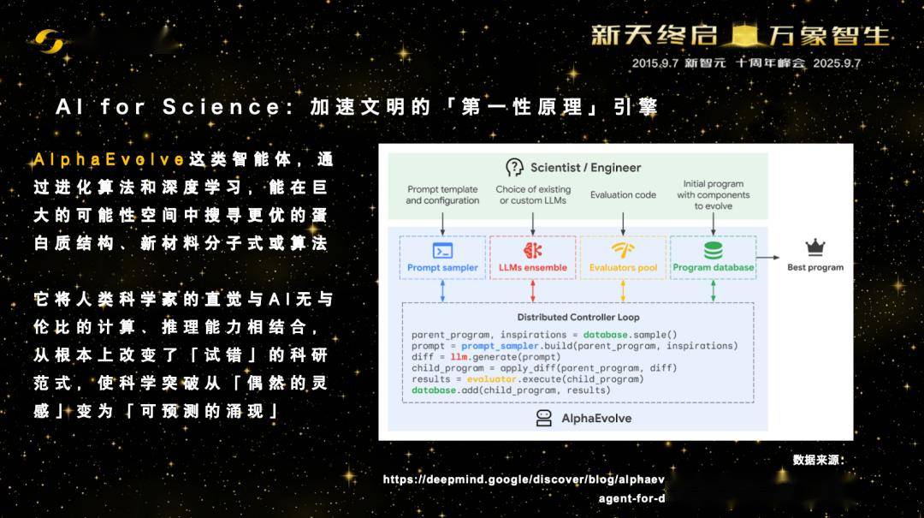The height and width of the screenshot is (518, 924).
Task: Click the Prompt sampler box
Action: point(442,258)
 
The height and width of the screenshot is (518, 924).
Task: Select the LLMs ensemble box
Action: point(533,258)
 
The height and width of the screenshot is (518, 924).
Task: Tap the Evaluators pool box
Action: point(623,258)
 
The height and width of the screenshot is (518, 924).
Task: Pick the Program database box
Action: point(713,258)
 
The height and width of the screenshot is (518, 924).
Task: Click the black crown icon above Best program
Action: point(815,247)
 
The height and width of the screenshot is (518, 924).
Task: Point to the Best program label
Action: point(815,267)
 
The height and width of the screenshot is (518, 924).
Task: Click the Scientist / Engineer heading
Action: point(573,168)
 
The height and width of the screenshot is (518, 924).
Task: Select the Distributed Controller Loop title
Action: point(578,317)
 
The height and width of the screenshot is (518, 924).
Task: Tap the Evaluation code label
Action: point(623,194)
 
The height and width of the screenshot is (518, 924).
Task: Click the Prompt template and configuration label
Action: point(442,194)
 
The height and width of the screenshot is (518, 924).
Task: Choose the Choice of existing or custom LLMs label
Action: point(533,194)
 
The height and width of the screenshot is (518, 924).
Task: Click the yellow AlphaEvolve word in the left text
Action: point(110,159)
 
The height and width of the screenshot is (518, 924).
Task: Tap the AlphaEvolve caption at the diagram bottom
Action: point(583,419)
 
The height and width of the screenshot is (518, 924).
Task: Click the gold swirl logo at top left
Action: point(49,41)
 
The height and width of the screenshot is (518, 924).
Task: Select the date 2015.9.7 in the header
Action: point(655,63)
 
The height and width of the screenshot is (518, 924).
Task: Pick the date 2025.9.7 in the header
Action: point(837,63)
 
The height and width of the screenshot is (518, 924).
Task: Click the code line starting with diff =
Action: point(486,357)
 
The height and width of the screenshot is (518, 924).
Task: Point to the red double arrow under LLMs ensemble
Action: point(533,291)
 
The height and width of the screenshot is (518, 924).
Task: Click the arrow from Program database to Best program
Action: point(767,257)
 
